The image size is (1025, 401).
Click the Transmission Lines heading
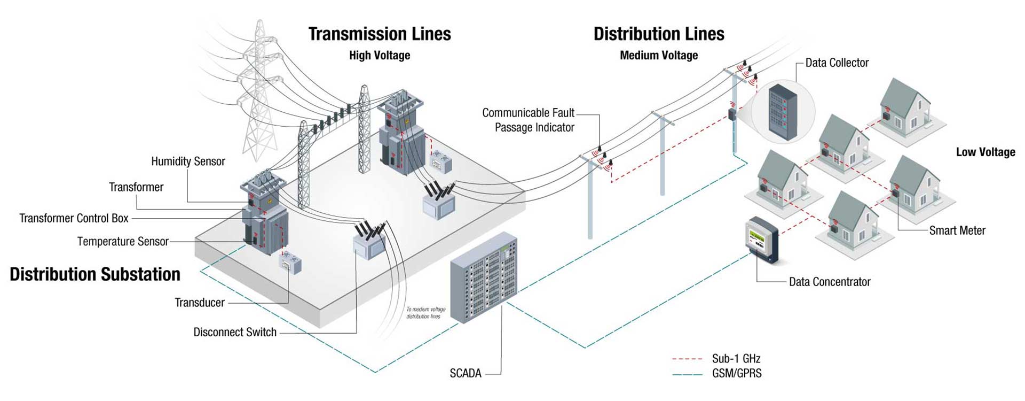[x=380, y=34]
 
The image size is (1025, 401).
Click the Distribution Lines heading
[x=659, y=34]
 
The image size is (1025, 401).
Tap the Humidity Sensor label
[x=188, y=161]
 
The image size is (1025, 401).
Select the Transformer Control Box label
[x=74, y=218]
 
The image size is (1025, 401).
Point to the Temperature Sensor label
[x=123, y=242]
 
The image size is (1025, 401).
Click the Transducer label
[x=200, y=303]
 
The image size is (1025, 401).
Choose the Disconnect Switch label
[x=235, y=332]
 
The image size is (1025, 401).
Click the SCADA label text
[x=466, y=373]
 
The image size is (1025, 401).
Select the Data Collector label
[x=837, y=63]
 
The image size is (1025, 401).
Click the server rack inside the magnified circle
[x=783, y=112]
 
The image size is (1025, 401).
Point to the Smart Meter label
[x=957, y=230]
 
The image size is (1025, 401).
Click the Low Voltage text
[x=985, y=152]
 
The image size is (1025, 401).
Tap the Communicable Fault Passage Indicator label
[x=528, y=120]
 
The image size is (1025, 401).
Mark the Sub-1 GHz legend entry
[x=736, y=359]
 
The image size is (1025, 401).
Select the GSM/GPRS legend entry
[x=737, y=374]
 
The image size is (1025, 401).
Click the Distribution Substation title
[x=95, y=274]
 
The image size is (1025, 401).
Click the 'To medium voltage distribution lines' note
[x=425, y=313]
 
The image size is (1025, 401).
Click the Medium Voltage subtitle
[x=659, y=56]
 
